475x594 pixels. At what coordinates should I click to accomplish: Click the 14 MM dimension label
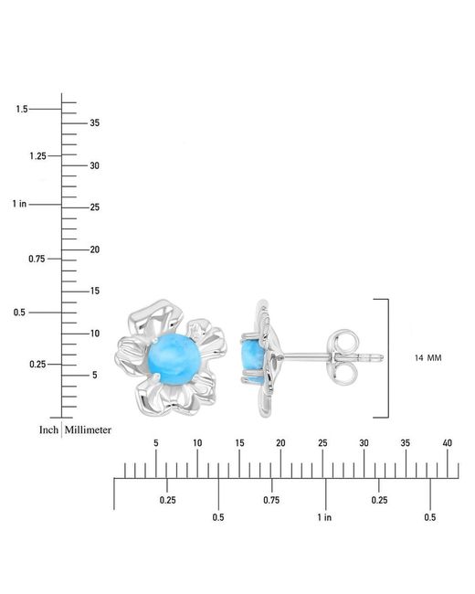click(x=428, y=358)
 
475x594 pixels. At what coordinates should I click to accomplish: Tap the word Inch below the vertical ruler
click(x=48, y=430)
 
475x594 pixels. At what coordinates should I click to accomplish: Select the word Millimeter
click(x=88, y=430)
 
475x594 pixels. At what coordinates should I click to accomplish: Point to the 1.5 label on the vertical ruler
click(x=22, y=109)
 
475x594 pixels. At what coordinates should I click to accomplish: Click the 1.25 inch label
click(x=37, y=156)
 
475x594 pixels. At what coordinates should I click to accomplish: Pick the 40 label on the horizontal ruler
click(x=448, y=443)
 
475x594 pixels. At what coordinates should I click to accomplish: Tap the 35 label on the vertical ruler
click(x=95, y=122)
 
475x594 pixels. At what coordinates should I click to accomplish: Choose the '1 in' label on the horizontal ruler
click(x=324, y=517)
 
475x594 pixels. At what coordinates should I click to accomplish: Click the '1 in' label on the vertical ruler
click(x=19, y=204)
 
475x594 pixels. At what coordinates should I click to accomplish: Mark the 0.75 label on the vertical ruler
click(x=37, y=260)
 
